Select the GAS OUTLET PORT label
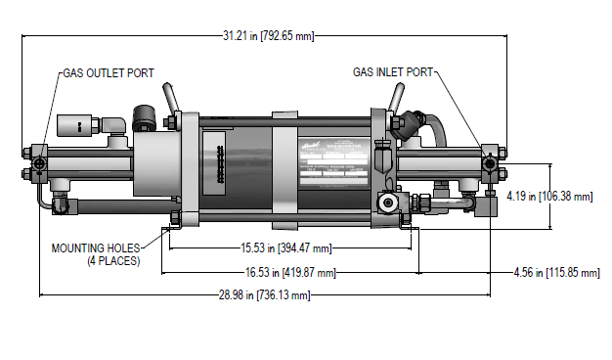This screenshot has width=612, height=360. click(109, 72)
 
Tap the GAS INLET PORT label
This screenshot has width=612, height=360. click(393, 72)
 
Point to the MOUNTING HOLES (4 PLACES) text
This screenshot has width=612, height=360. click(95, 254)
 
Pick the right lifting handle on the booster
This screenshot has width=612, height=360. click(397, 99)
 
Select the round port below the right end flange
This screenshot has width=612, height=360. click(389, 203)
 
